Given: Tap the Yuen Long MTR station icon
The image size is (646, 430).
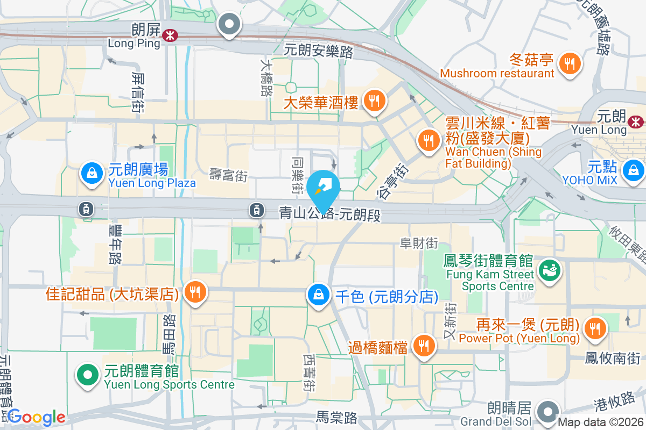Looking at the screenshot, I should point(637,122).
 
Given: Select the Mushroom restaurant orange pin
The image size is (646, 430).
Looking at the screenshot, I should point(570,63).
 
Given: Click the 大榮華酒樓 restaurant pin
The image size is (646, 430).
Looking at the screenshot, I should point(373,101).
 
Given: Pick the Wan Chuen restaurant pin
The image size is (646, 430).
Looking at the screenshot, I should point(429,140).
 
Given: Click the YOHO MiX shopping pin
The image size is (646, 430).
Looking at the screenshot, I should point(633,171).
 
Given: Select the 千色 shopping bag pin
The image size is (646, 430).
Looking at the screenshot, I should point(319,295).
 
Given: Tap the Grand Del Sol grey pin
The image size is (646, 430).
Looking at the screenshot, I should point(549,412).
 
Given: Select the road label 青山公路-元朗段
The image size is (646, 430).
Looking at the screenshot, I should point(330,213).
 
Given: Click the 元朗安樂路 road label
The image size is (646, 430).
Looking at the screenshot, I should point(319,52).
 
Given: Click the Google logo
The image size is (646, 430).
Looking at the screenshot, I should point(37,417).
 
